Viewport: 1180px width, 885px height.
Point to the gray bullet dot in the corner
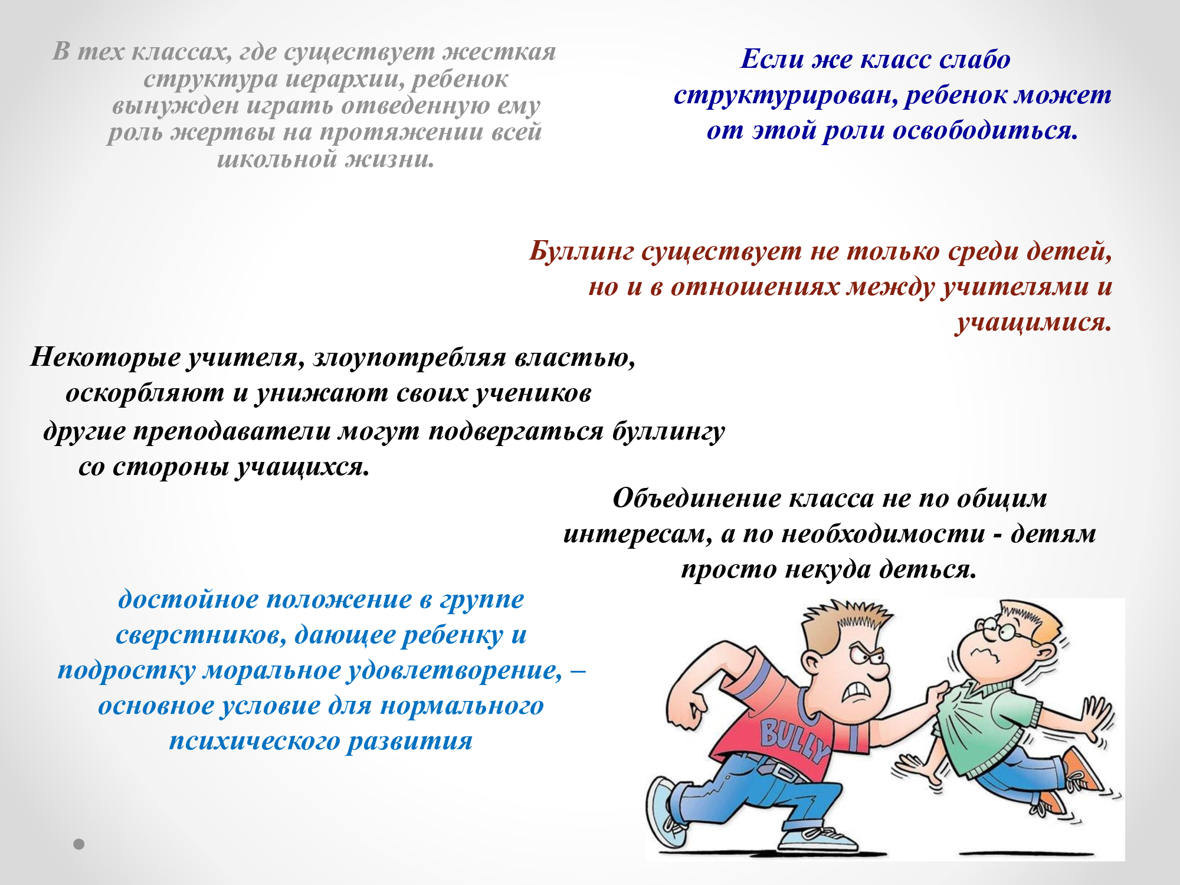[79, 844]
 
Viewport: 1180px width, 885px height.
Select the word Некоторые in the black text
[105, 357]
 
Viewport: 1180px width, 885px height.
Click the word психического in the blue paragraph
[254, 741]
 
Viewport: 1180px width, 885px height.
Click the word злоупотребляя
[410, 358]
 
